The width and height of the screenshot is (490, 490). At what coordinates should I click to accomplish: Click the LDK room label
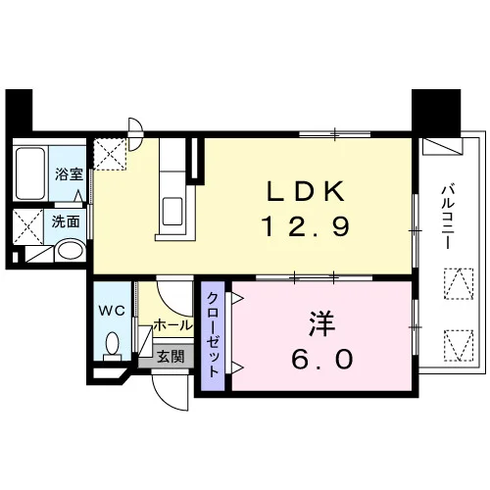(306, 191)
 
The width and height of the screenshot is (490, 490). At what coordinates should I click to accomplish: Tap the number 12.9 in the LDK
(306, 226)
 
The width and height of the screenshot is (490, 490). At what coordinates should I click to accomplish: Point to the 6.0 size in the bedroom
(321, 359)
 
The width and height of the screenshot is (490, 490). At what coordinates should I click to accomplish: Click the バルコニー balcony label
(448, 217)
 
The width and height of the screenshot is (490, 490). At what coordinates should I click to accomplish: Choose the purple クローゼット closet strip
(213, 336)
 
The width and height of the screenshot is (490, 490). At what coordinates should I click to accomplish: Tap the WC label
(112, 311)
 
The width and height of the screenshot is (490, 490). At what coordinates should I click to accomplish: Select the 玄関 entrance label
(171, 357)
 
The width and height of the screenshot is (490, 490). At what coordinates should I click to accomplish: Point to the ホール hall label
(172, 325)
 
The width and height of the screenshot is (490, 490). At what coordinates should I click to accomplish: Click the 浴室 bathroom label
(69, 174)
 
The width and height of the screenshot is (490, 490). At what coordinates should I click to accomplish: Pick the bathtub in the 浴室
(30, 173)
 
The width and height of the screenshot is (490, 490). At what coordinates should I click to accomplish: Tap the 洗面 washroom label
(66, 221)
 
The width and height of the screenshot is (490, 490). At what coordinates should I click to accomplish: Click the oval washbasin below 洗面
(70, 251)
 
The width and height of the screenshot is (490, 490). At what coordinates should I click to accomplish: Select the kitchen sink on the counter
(172, 211)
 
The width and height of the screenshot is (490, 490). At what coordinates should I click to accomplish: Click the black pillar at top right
(436, 113)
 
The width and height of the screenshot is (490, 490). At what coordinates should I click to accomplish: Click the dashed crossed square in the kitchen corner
(110, 154)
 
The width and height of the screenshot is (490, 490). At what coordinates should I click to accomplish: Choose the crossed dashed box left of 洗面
(28, 226)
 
